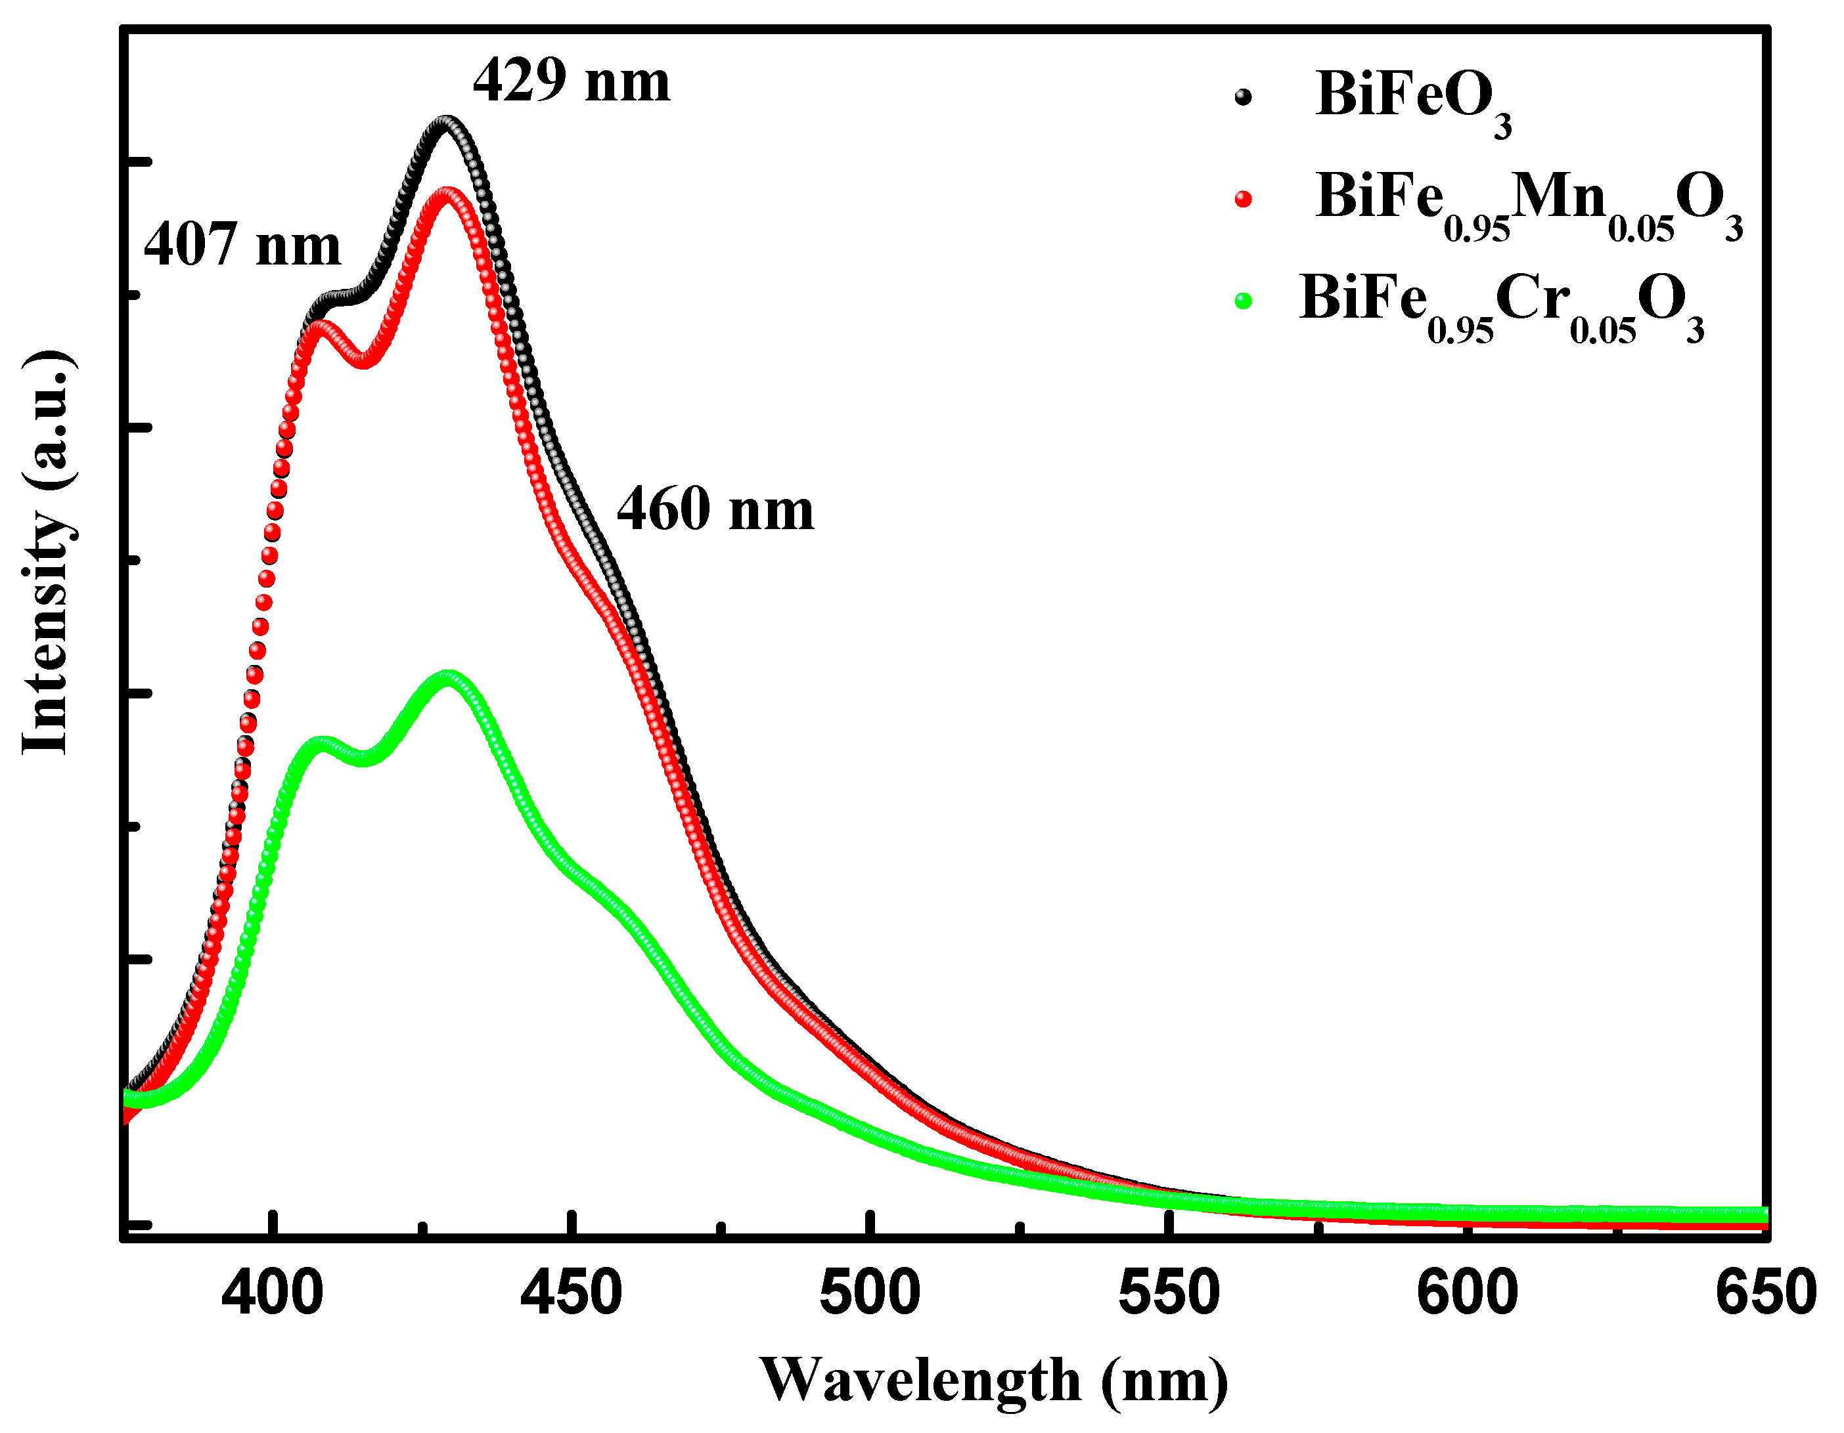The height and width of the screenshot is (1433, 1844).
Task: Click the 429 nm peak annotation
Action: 572,83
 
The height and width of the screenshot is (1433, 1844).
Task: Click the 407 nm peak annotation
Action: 242,246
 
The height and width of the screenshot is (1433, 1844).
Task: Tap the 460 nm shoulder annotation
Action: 715,511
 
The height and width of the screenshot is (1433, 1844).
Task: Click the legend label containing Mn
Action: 1528,203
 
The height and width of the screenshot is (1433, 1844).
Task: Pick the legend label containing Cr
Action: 1501,304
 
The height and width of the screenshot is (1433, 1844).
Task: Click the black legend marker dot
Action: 1242,97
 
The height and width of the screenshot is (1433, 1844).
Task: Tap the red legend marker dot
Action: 1242,199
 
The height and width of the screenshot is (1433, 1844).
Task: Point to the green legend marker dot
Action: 1242,301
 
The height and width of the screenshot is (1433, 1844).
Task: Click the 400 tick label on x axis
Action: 273,1293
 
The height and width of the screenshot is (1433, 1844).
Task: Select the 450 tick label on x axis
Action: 572,1293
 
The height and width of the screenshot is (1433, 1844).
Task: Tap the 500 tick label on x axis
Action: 870,1293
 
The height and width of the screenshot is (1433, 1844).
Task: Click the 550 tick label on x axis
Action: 1169,1293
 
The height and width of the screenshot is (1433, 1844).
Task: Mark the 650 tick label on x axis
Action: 1765,1293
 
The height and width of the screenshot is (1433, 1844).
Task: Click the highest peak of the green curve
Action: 447,676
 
